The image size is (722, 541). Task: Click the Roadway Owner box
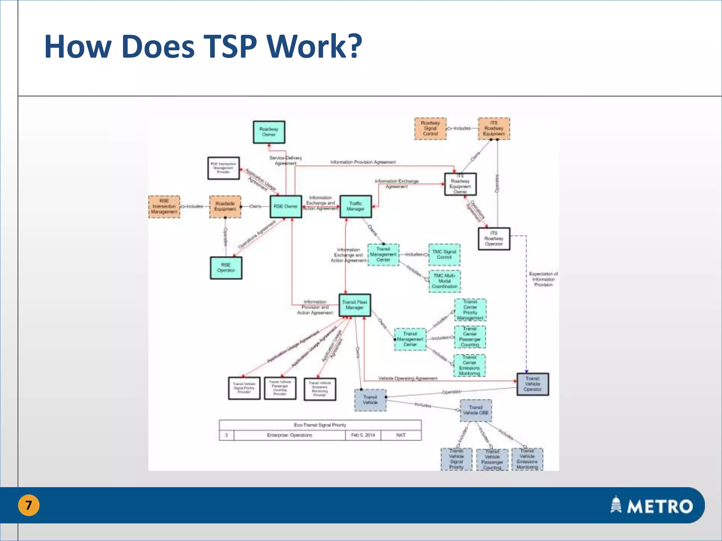pos(269,132)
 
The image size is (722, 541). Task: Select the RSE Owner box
pos(286,206)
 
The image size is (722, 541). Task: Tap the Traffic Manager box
pos(355,206)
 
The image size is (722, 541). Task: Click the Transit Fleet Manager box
pos(355,305)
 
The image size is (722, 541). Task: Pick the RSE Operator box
pos(226,268)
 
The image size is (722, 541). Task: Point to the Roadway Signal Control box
pos(430,129)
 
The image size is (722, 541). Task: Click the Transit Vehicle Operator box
pos(533,384)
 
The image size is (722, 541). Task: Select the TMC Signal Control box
pos(444,255)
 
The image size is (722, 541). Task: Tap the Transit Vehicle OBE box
pos(476,410)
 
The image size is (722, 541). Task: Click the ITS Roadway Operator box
pos(494,239)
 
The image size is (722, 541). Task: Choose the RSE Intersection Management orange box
pos(164,207)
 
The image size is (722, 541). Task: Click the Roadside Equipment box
pos(225,207)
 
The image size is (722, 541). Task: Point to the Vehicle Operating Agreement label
pos(408,378)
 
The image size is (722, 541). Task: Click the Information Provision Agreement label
pos(363,162)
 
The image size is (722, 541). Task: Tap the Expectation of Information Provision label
pos(543,279)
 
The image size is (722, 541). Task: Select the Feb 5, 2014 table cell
pos(363,435)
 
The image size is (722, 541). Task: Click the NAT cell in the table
pos(401,435)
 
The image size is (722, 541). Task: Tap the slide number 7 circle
pos(29,505)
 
